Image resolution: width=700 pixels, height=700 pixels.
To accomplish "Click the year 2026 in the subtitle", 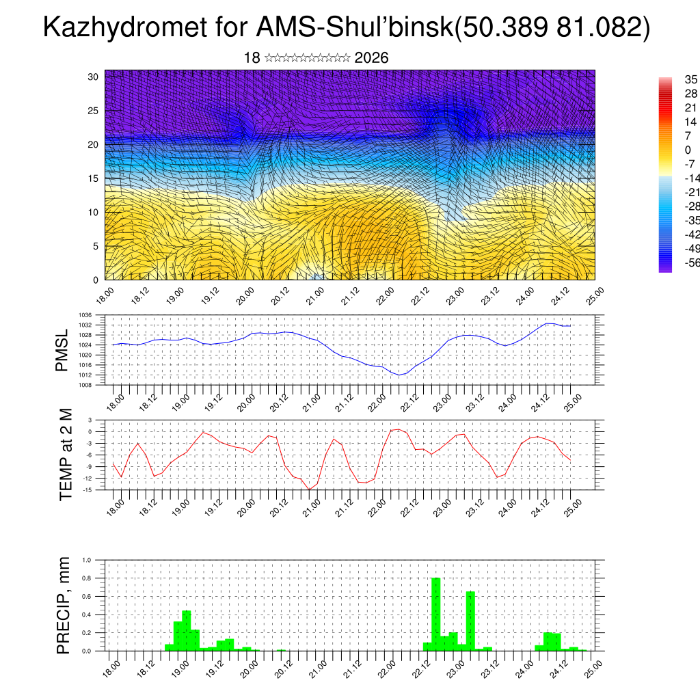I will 372,58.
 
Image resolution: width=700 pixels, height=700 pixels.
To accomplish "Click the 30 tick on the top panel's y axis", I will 93,77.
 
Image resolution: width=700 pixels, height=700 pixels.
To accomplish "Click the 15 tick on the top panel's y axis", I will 93,178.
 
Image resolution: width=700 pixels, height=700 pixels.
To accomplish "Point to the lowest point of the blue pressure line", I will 400,375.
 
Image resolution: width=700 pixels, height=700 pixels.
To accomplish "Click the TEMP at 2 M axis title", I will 66,455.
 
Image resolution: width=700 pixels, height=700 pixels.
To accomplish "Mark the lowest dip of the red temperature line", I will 309,489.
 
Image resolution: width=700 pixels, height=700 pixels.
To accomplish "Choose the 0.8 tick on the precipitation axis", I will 87,578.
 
